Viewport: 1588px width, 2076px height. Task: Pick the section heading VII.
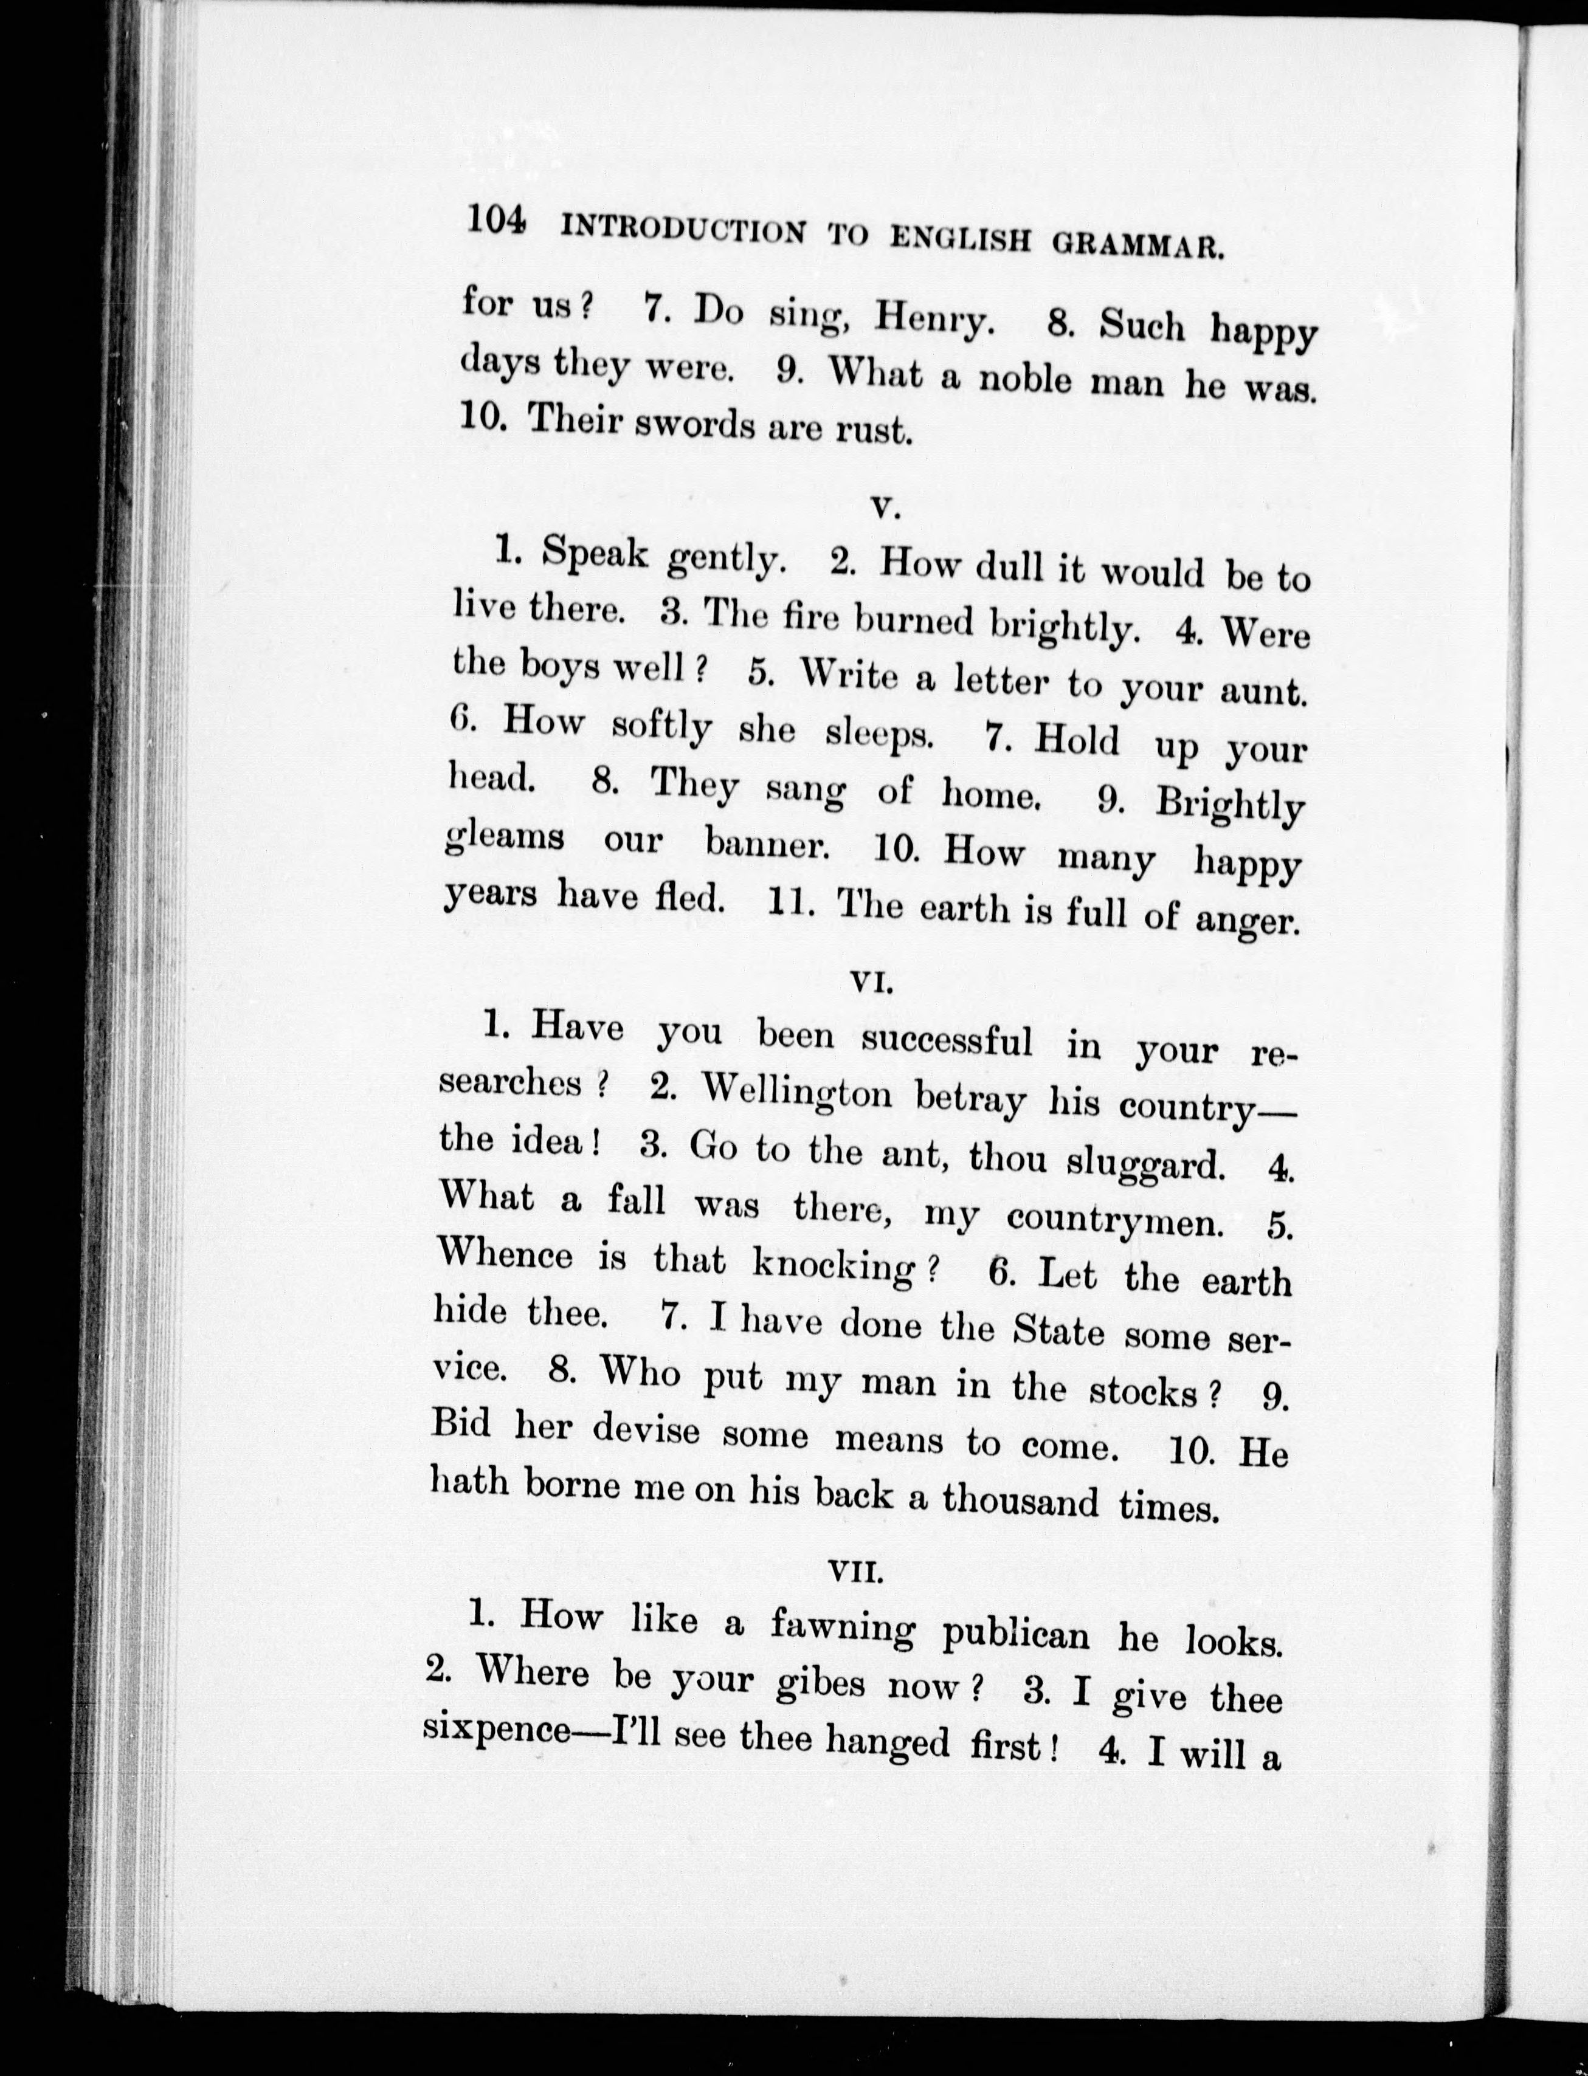(x=855, y=1570)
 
